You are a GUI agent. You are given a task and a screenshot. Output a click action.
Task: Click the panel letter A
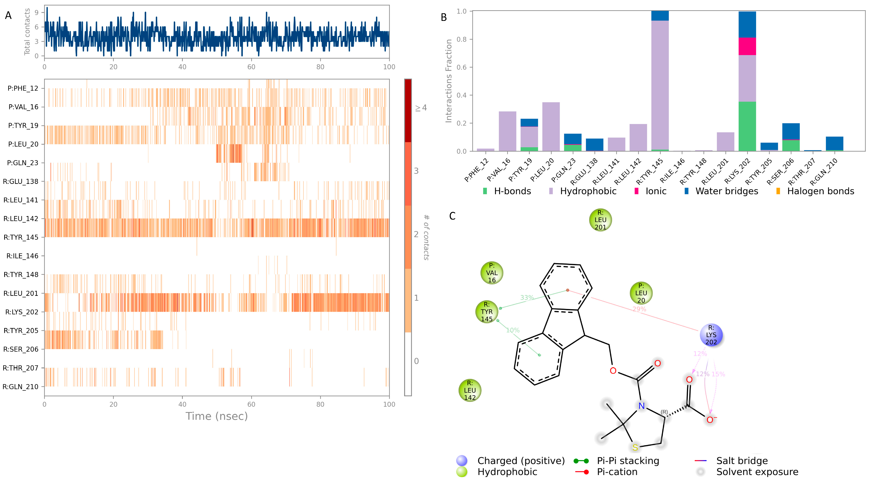tap(8, 16)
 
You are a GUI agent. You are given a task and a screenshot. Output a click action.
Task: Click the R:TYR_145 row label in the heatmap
tap(21, 237)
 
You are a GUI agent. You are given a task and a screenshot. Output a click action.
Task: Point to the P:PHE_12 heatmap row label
tap(23, 88)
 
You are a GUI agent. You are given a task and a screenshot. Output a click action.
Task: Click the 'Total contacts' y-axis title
tap(27, 32)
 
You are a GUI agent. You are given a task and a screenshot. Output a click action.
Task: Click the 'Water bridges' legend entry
tap(726, 191)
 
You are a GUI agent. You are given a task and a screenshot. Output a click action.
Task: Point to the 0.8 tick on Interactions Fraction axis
tap(461, 39)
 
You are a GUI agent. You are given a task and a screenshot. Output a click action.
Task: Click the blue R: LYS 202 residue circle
tap(711, 335)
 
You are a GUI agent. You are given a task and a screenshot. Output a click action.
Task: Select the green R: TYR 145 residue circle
tap(486, 312)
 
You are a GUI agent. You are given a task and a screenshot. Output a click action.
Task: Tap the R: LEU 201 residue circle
tap(600, 220)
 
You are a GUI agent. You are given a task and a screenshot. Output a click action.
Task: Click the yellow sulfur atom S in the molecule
tap(635, 448)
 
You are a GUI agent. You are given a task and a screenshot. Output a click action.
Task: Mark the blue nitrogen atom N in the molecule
tap(641, 406)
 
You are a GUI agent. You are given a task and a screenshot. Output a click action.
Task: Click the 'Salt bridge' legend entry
tap(741, 461)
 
